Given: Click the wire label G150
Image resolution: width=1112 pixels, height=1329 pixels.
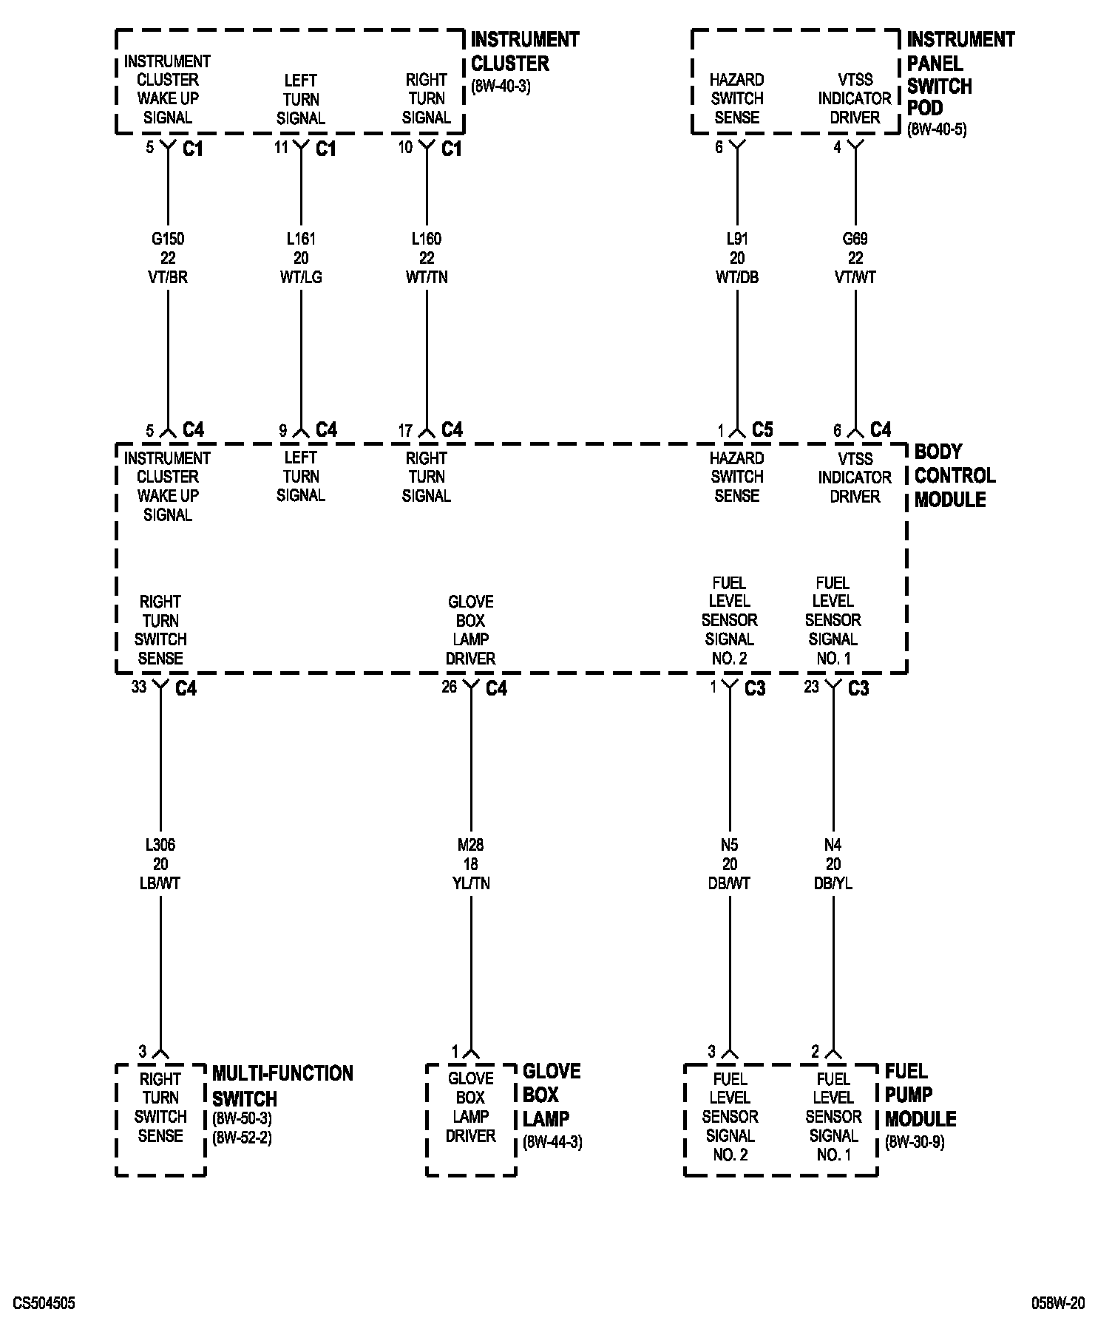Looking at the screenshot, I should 168,239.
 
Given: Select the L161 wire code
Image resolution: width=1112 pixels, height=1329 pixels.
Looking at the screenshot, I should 301,239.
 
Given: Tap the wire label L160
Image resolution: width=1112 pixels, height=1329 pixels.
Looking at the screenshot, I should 427,239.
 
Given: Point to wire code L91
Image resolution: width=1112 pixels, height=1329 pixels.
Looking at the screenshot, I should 737,239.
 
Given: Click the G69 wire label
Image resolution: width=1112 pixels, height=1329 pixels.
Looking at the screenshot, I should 855,239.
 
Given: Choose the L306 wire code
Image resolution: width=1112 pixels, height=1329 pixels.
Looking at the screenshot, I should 160,845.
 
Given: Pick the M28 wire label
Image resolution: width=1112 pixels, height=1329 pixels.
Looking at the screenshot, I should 471,845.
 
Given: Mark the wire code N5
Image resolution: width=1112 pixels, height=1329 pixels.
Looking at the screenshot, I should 730,845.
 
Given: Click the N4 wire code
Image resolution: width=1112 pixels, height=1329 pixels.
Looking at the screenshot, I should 833,845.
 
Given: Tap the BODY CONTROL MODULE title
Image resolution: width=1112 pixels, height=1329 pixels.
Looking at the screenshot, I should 955,475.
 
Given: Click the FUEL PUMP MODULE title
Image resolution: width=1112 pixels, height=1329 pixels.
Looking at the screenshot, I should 920,1095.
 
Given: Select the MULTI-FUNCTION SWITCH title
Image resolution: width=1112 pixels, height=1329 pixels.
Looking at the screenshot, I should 282,1085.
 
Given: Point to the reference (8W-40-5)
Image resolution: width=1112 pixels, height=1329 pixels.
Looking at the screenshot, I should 937,129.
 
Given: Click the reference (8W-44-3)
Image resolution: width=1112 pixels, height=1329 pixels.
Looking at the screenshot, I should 552,1142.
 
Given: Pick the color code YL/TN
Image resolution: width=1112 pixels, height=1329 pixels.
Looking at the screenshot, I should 471,883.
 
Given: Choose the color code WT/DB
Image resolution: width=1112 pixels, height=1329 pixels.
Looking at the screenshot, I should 737,277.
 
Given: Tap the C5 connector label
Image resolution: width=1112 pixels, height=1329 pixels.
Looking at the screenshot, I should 762,429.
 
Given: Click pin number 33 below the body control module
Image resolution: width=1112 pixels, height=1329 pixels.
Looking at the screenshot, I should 139,687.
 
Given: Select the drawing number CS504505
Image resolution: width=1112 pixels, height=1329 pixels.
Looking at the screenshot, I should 44,1303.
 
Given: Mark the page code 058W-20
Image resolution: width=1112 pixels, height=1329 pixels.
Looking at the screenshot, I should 1058,1303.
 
